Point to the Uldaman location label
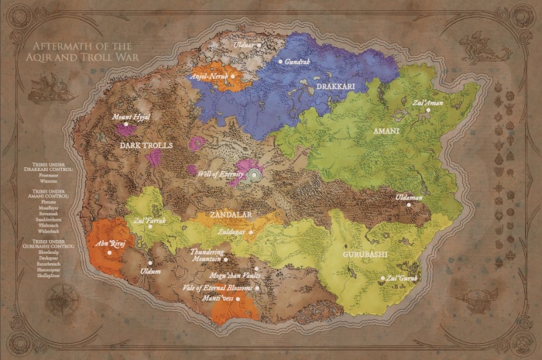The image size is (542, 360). pos(409,197)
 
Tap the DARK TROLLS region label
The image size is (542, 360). pos(147,145)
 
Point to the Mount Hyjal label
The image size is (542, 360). pos(131,117)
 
